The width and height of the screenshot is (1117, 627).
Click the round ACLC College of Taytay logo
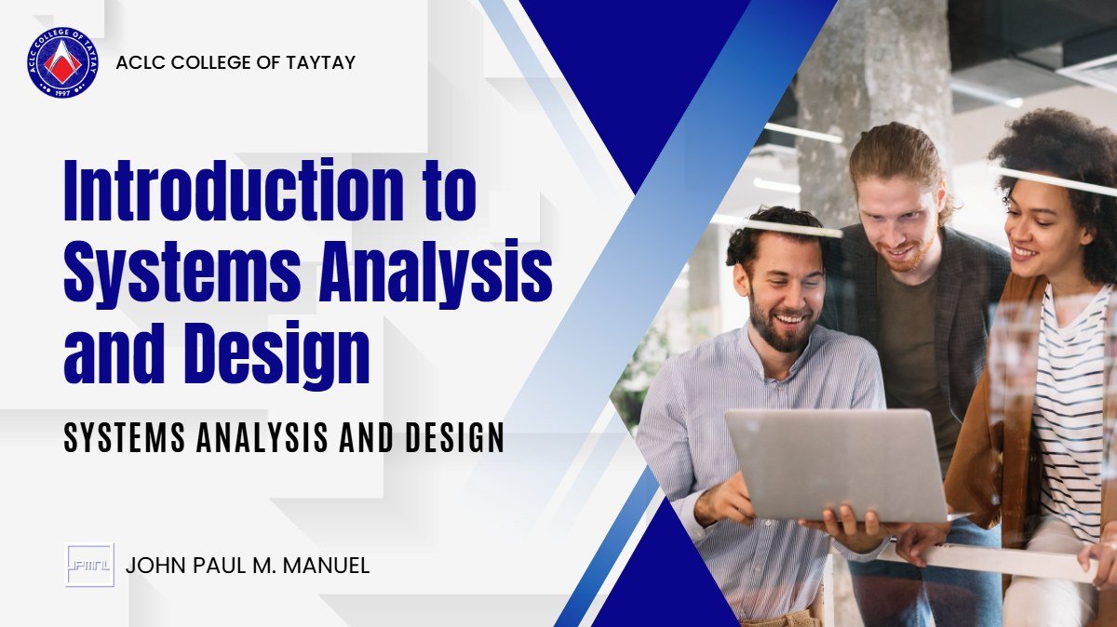pyautogui.click(x=63, y=62)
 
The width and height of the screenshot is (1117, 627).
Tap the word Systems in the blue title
pyautogui.click(x=182, y=271)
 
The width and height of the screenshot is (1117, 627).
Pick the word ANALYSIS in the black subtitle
pyautogui.click(x=262, y=438)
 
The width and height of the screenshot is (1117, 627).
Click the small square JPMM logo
pyautogui.click(x=89, y=565)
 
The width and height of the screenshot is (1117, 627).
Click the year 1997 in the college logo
pyautogui.click(x=63, y=92)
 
